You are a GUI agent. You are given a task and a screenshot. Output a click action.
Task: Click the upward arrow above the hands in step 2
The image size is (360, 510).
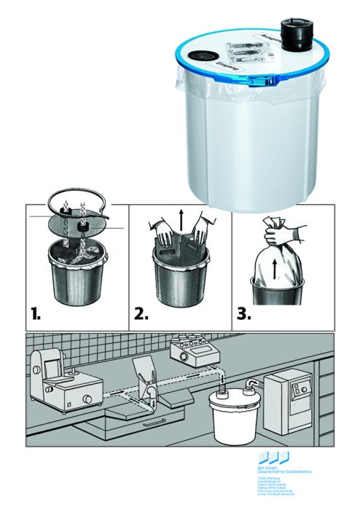tap(179, 218)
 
